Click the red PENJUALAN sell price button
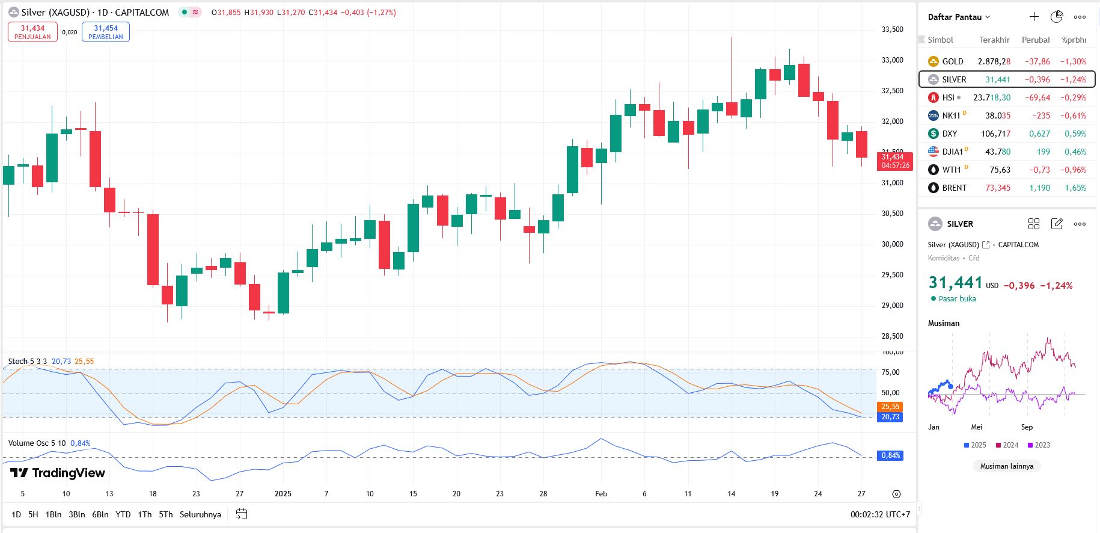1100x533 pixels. (32, 32)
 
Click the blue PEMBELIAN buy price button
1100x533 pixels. (106, 32)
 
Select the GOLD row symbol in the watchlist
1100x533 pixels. (952, 61)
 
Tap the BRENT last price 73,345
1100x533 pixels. (997, 188)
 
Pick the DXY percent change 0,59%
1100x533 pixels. (1075, 134)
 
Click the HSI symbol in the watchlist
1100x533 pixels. (948, 97)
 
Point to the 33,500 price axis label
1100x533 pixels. (892, 29)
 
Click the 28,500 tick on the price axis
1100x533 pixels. (892, 336)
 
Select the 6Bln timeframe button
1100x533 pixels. (100, 514)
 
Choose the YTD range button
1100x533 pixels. (123, 514)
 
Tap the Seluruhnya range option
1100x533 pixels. (200, 514)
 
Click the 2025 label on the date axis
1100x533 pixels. (283, 494)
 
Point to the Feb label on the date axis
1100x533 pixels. (601, 494)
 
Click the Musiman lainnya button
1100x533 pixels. (1006, 466)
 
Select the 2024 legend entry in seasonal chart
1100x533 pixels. (1007, 445)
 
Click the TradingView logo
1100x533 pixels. (58, 473)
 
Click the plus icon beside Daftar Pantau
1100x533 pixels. (1034, 17)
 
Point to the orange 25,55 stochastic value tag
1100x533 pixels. (890, 407)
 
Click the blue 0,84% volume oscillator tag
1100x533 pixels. (890, 455)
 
